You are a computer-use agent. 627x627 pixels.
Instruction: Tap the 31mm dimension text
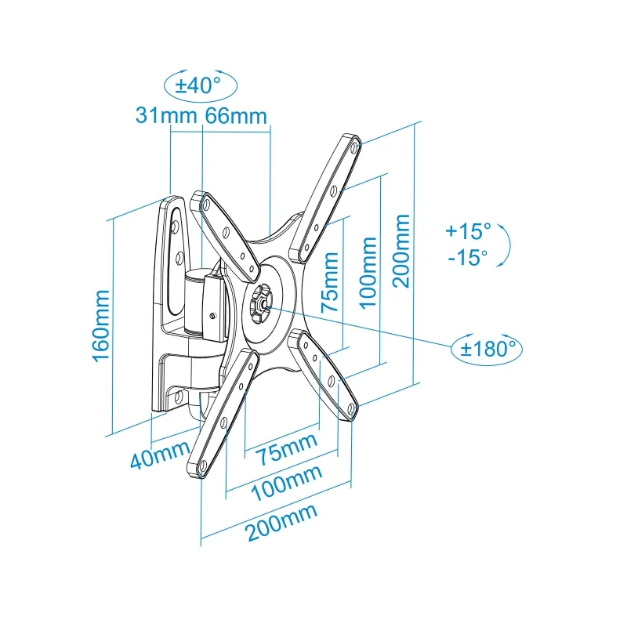point(166,115)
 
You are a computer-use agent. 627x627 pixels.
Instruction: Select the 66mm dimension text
point(236,115)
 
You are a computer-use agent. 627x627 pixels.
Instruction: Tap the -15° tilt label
point(467,257)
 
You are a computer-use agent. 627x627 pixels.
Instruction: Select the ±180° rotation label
point(485,347)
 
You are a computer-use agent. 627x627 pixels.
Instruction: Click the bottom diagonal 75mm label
point(282,449)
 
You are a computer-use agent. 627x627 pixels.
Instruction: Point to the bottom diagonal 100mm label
point(288,482)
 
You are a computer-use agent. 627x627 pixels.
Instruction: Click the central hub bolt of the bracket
point(260,299)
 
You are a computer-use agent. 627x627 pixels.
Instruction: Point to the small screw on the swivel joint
point(213,316)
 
